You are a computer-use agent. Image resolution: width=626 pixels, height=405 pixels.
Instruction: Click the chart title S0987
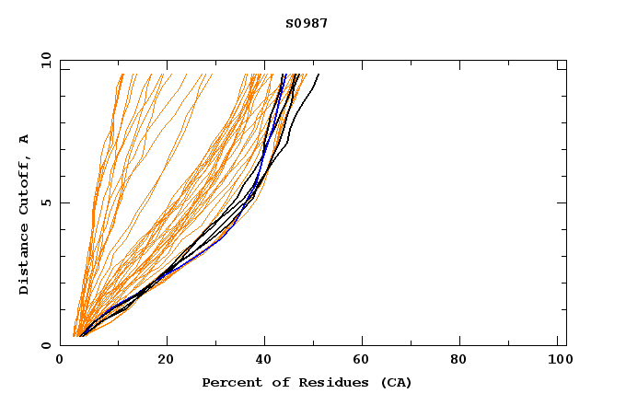[307, 24]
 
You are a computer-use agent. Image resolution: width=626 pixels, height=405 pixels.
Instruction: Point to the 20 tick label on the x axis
[166, 360]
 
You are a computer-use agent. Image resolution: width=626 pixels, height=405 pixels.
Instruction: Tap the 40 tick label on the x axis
[265, 360]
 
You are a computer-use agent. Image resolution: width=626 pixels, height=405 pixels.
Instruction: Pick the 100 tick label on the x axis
[558, 360]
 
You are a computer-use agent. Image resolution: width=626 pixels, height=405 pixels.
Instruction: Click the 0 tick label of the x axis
[61, 360]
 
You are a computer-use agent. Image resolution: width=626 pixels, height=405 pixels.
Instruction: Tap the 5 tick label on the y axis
[44, 202]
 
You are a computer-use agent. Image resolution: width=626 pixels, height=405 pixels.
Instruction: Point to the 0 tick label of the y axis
[44, 345]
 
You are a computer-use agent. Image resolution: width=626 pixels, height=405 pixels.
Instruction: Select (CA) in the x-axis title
[396, 382]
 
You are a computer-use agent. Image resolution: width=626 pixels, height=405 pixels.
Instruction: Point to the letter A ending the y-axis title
[24, 139]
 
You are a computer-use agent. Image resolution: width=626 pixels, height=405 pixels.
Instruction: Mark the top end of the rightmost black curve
[319, 75]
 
